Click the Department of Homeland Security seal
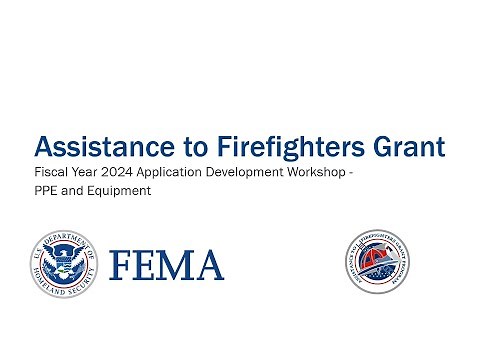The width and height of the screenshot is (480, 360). (x=63, y=265)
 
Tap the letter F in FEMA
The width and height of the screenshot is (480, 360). (x=122, y=266)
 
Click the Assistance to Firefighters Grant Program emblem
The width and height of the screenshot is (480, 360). (x=374, y=264)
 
